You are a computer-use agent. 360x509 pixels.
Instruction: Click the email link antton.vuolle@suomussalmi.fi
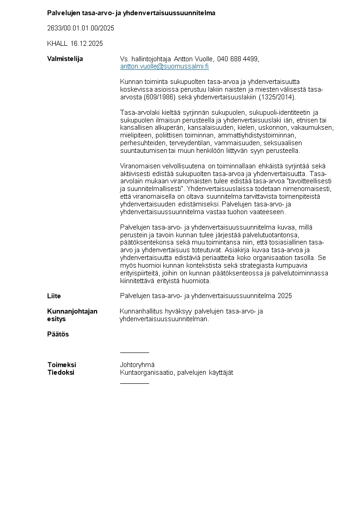[x=164, y=66]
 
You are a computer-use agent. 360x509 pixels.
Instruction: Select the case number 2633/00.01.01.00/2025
[x=81, y=28]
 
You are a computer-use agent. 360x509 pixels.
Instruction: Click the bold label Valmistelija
[x=65, y=59]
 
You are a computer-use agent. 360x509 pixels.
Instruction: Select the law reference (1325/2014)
[x=276, y=97]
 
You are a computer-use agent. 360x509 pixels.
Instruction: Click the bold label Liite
[x=54, y=296]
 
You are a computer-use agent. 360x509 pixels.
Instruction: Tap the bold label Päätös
[x=58, y=334]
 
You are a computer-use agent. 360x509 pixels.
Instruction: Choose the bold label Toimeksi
[x=62, y=365]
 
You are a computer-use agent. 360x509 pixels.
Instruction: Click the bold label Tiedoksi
[x=61, y=372]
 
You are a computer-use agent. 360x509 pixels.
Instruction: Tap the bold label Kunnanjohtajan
[x=72, y=311]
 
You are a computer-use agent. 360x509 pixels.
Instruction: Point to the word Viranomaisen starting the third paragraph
[x=141, y=166]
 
